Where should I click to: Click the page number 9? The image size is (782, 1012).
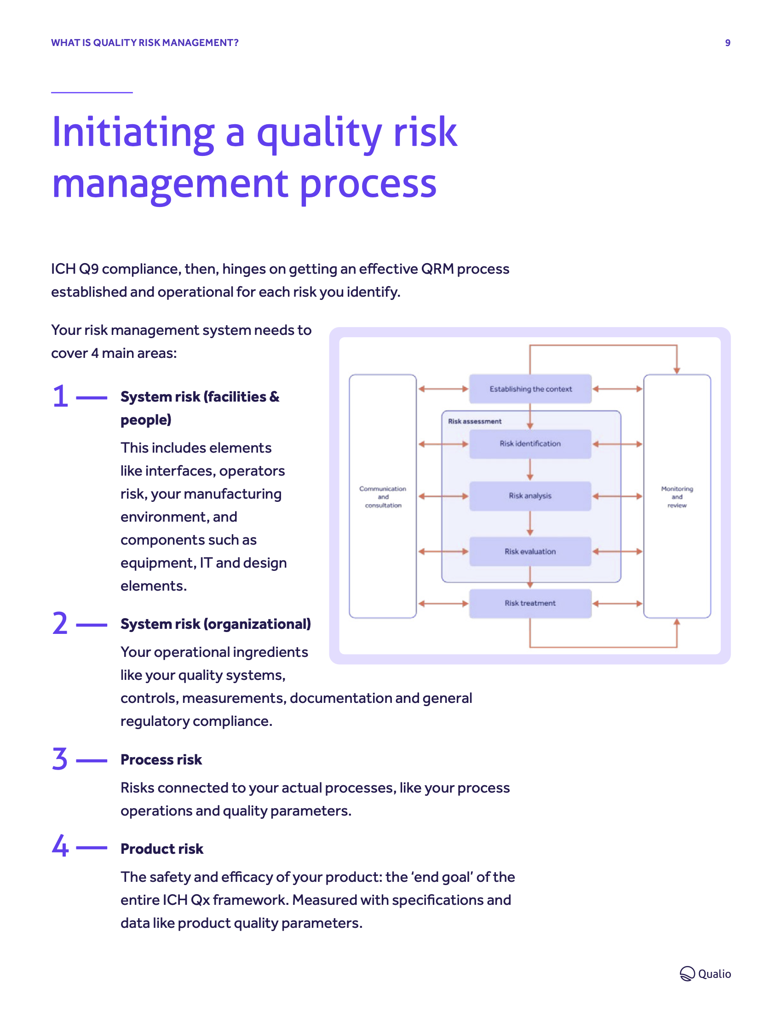(x=727, y=43)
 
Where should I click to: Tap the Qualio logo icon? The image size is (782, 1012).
(x=687, y=973)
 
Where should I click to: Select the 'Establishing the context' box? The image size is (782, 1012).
(x=530, y=389)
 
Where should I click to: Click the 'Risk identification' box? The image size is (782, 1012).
(x=530, y=444)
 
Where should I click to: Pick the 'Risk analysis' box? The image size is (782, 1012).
(x=530, y=496)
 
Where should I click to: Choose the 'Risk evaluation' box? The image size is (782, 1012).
(x=530, y=552)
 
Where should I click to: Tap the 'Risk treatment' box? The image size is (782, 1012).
(x=530, y=604)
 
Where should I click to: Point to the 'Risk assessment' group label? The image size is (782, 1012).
(x=474, y=421)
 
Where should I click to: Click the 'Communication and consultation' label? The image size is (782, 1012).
(x=383, y=497)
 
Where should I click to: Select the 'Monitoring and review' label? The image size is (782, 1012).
(x=677, y=497)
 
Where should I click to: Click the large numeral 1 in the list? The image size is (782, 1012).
(x=60, y=397)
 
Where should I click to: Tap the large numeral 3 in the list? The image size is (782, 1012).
(x=60, y=759)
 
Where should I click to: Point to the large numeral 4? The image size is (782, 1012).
(x=60, y=845)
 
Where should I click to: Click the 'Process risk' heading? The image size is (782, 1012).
(x=161, y=760)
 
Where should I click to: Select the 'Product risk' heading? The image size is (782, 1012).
(x=161, y=849)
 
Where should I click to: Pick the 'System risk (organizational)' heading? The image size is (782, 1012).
(x=215, y=624)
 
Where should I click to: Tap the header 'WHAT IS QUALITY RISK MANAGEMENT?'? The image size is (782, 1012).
(x=144, y=43)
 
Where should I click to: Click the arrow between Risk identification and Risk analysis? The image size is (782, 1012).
(x=530, y=470)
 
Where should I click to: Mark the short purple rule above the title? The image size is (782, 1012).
(x=92, y=92)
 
